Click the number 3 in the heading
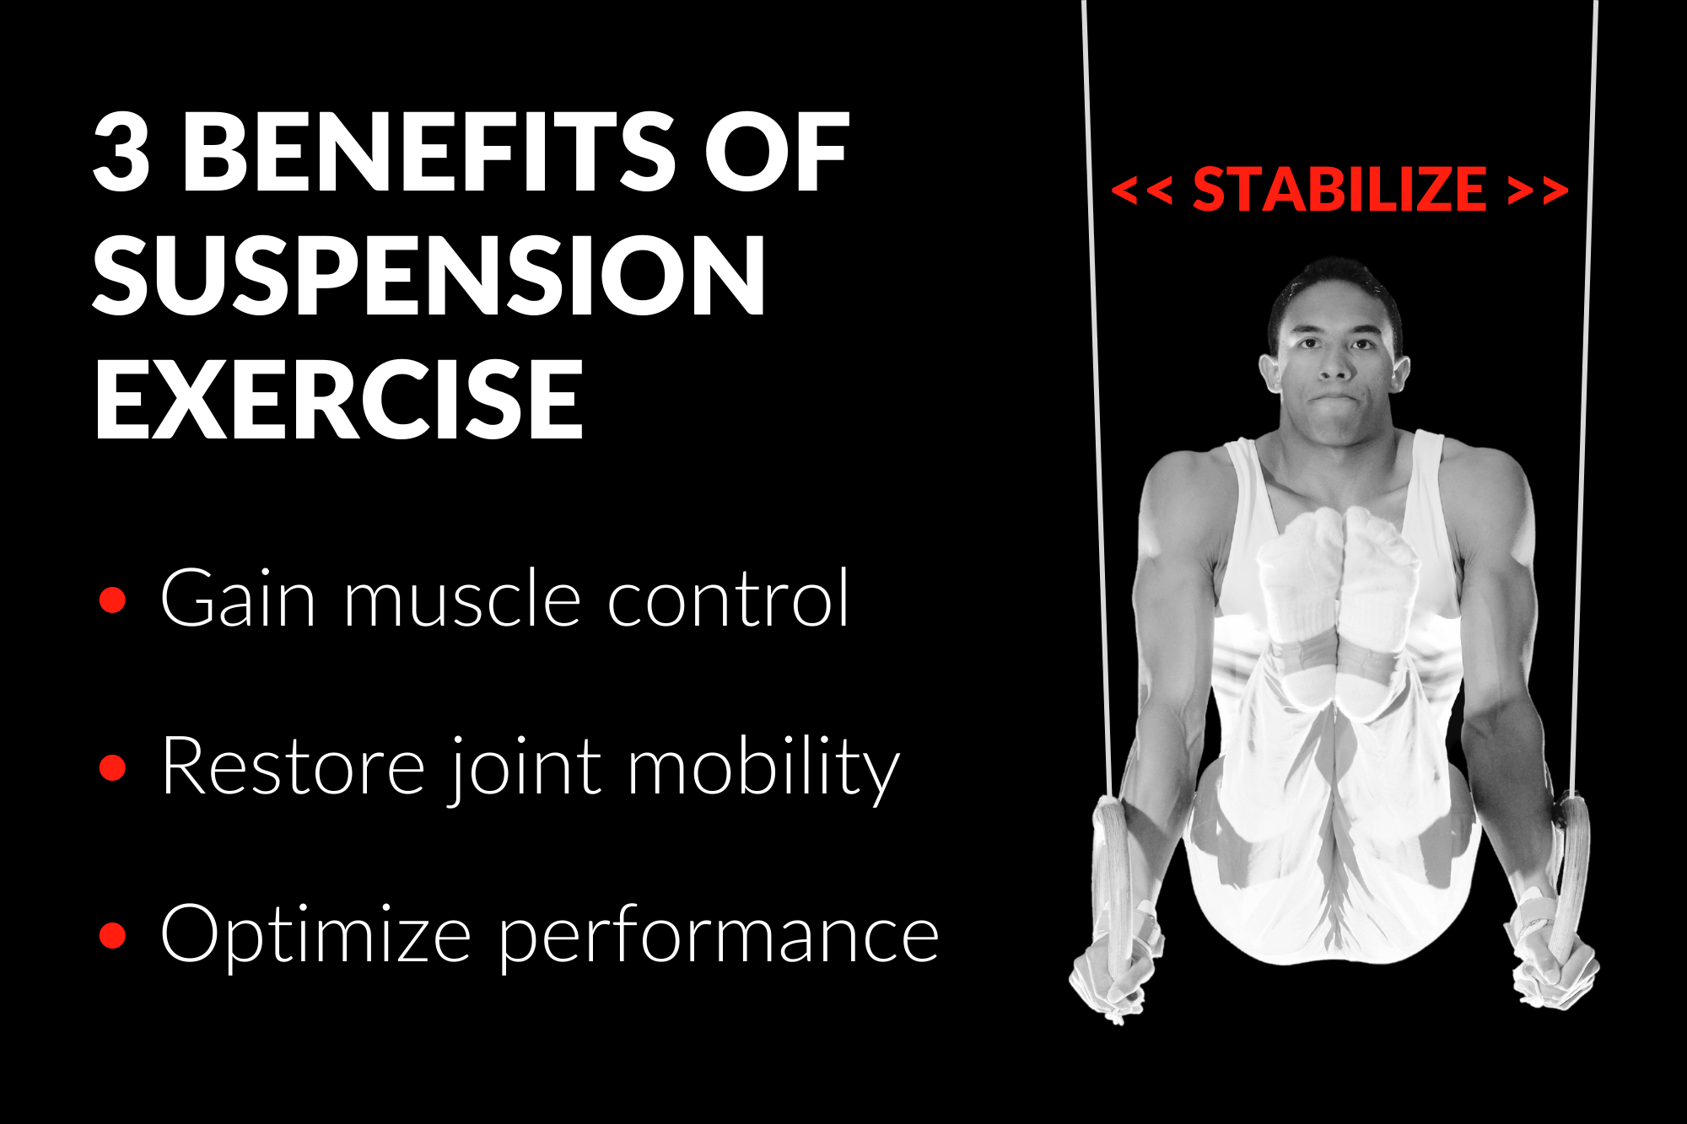(122, 153)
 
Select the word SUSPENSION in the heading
(429, 275)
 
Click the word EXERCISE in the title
(339, 399)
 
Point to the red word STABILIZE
(1339, 190)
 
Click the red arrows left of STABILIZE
(1141, 191)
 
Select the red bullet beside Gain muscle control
(112, 600)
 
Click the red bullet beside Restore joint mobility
(112, 768)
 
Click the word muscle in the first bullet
(462, 599)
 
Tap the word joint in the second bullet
(525, 767)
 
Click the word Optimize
(315, 934)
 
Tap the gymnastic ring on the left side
(1114, 877)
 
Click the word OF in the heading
(777, 153)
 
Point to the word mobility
(763, 767)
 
